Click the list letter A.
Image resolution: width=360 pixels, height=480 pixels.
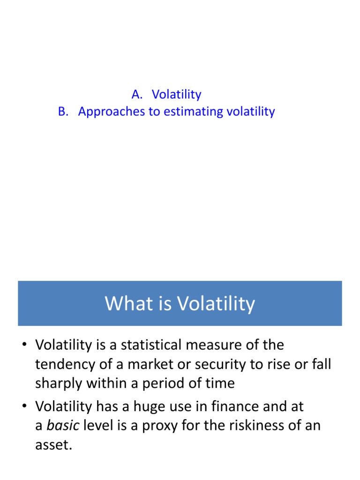pyautogui.click(x=136, y=95)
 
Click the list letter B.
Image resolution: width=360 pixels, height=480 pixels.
pyautogui.click(x=62, y=112)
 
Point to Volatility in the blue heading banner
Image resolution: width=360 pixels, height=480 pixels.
pyautogui.click(x=216, y=304)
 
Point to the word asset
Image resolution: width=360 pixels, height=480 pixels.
pyautogui.click(x=53, y=445)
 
